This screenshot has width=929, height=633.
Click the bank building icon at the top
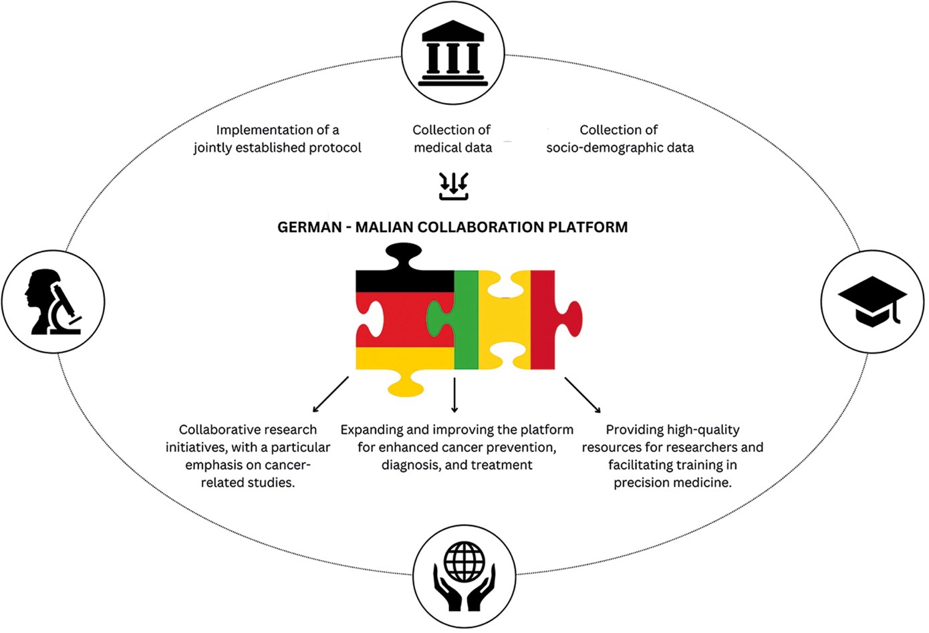pos(452,54)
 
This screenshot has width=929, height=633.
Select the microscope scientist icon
pos(53,302)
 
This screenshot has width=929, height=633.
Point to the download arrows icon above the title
pos(454,186)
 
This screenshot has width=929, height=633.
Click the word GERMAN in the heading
pos(309,227)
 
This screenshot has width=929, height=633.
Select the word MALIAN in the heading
pos(384,227)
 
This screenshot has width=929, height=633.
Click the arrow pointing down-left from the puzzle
pos(331,394)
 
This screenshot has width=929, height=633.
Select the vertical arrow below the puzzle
pos(454,395)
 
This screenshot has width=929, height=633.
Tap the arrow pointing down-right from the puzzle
pos(582,395)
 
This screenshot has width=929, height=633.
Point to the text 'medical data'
pos(452,148)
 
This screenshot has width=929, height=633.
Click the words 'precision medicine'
pos(672,483)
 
